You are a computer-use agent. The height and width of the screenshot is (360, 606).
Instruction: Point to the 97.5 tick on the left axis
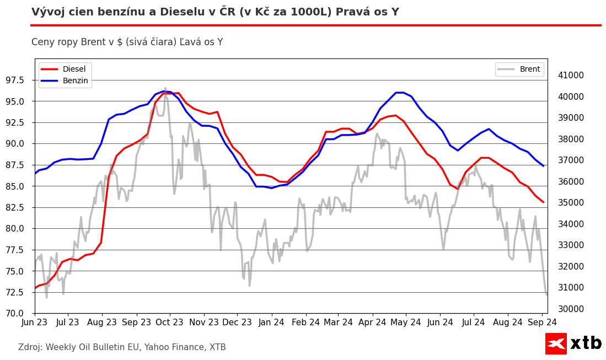point(19,80)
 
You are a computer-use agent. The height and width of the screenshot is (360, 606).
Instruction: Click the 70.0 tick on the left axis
point(19,314)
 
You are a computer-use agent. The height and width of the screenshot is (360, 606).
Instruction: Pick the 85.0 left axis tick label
point(19,186)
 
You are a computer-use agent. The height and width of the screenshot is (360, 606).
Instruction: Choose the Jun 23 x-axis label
point(35,322)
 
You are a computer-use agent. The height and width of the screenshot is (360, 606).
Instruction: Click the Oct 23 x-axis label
point(170,322)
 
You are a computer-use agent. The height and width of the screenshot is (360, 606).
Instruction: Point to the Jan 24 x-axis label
point(271,322)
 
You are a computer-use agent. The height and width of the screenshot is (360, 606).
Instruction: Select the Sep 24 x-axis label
point(542,322)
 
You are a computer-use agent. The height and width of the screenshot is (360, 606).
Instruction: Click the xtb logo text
point(586,343)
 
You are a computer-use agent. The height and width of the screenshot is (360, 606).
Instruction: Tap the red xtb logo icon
point(556,343)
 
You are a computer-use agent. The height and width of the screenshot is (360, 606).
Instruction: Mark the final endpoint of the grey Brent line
point(547,294)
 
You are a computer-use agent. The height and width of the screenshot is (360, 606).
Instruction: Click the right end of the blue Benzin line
point(544,166)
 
